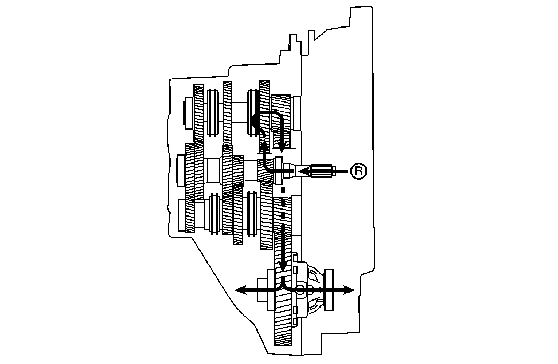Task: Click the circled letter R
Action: click(359, 171)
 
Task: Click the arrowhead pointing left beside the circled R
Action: click(303, 171)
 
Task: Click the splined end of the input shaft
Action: click(323, 171)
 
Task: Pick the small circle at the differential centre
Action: click(300, 289)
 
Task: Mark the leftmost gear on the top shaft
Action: click(198, 112)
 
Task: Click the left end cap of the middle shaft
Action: click(181, 171)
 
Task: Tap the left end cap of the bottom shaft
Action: click(181, 215)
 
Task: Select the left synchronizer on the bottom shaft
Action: click(214, 214)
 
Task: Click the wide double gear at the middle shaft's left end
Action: click(194, 171)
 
